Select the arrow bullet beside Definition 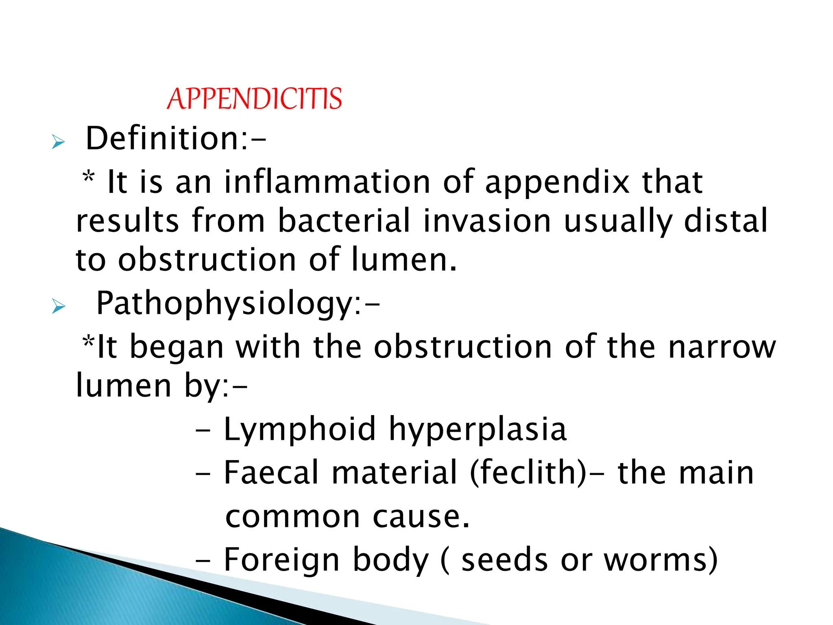point(58,143)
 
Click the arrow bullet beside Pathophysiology point(58,307)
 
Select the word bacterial point(344,221)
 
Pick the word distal point(726,221)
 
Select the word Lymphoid point(300,430)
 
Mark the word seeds point(504,560)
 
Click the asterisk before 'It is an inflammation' point(89,178)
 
